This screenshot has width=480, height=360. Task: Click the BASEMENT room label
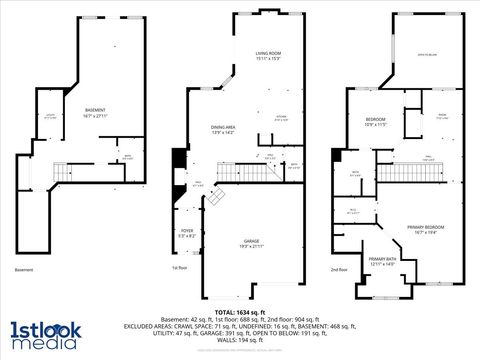tap(95, 111)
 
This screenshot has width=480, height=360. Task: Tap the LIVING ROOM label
tap(267, 54)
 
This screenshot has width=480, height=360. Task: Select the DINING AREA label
tap(223, 129)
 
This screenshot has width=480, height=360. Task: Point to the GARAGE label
tap(251, 243)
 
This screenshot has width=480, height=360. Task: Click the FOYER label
tap(187, 233)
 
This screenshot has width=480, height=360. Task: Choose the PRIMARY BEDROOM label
tap(425, 229)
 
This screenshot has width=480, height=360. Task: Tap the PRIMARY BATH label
tap(382, 261)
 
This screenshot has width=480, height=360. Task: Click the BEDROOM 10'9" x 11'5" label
tap(375, 121)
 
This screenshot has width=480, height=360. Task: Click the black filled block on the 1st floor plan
tap(179, 159)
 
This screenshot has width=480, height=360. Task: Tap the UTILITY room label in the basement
tap(50, 116)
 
